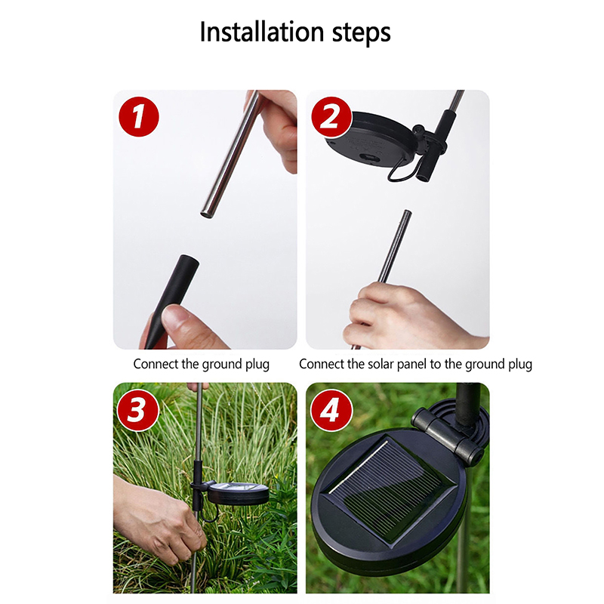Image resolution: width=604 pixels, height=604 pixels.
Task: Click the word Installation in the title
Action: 261,32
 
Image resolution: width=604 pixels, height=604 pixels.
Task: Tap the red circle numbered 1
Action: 139,116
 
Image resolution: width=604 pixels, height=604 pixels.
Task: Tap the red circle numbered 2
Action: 331,116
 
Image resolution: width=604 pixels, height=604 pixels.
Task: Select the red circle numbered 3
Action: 138,410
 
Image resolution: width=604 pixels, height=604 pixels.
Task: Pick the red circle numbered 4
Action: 331,410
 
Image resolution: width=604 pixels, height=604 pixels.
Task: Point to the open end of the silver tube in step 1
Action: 207,214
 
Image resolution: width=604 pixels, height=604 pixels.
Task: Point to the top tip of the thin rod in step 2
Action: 407,211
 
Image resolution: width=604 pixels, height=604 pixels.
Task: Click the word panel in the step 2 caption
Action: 412,365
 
